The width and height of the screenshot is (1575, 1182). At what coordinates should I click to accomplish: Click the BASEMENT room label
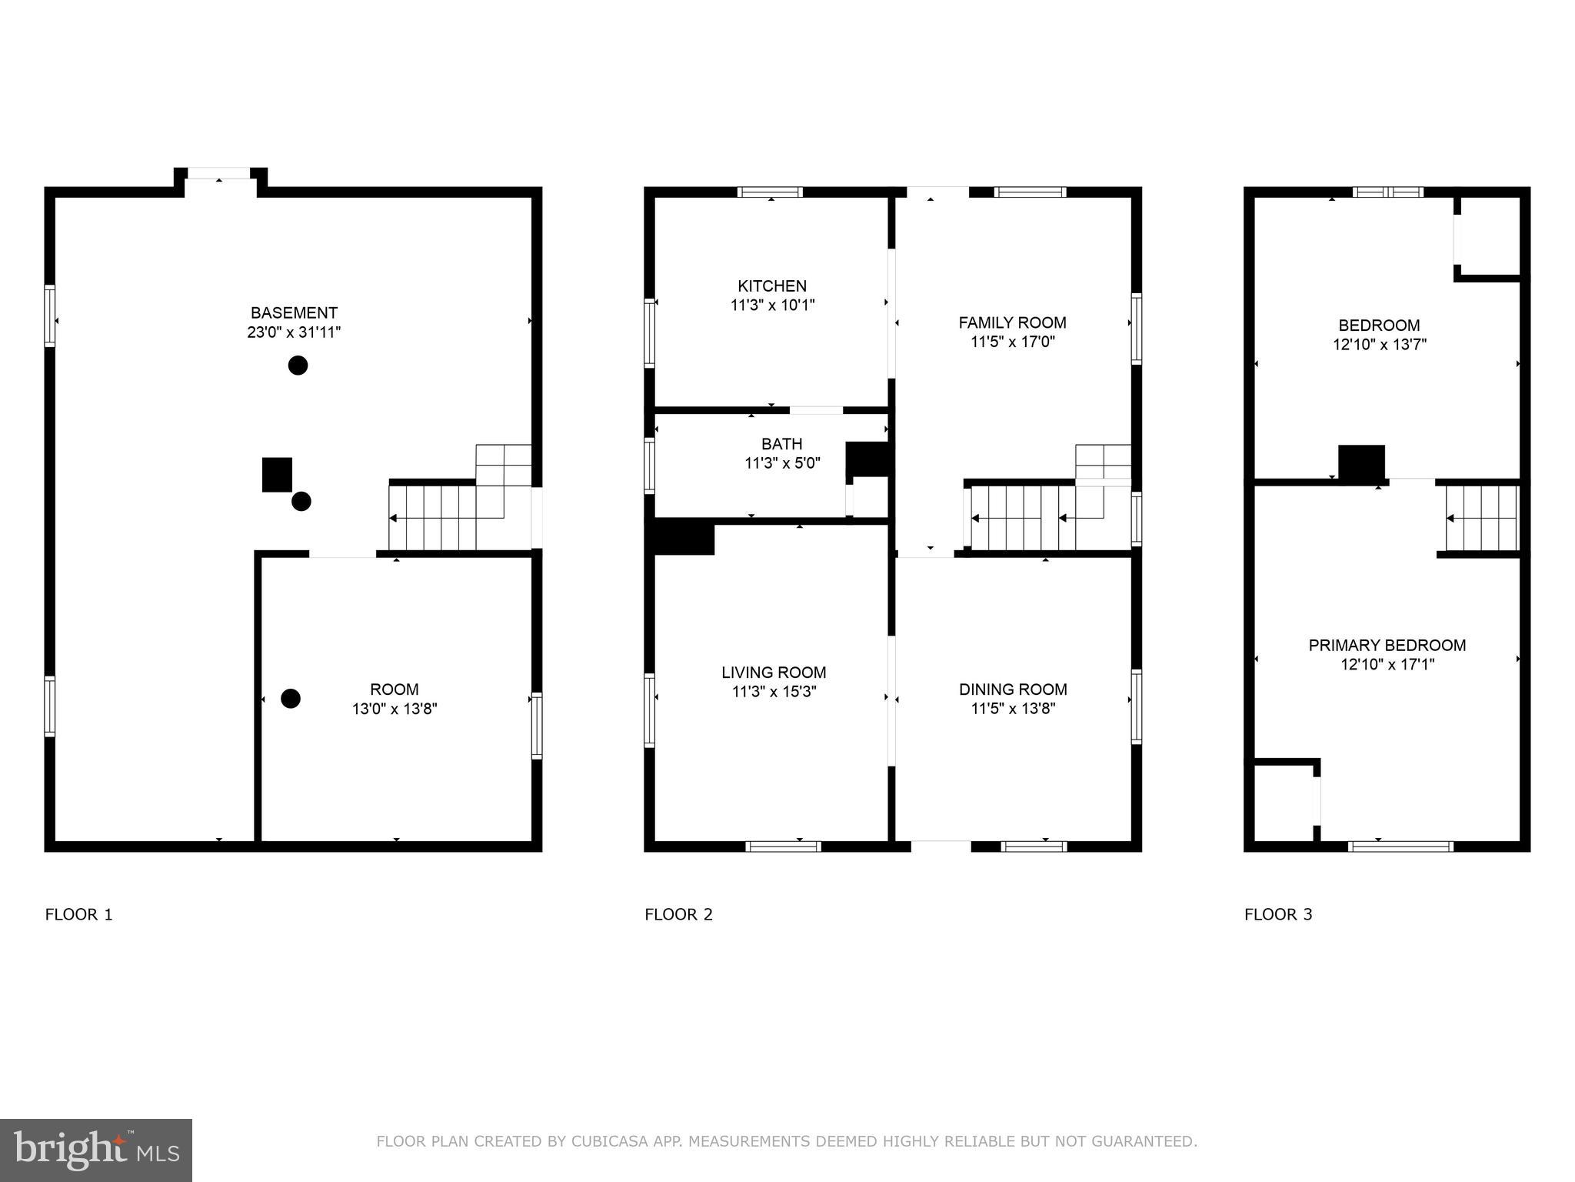294,312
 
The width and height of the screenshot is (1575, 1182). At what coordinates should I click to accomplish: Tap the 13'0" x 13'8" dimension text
395,709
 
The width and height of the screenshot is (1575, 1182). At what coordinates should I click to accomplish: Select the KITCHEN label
772,285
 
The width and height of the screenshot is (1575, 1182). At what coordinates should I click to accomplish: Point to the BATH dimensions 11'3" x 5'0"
782,463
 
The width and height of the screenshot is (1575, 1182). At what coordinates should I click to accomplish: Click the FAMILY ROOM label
1012,322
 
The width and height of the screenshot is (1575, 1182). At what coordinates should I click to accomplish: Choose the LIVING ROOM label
774,672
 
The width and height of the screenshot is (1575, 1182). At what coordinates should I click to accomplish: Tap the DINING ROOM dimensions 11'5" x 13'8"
1013,709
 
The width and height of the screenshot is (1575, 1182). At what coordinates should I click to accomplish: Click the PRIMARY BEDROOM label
1387,645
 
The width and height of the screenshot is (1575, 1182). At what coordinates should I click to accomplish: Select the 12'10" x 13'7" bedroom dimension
1379,345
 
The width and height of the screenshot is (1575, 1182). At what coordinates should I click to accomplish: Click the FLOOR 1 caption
78,914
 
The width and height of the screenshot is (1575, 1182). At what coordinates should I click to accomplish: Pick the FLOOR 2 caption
678,914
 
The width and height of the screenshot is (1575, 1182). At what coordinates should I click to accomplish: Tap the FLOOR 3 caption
1278,914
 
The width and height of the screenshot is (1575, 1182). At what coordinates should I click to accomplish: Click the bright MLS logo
96,1150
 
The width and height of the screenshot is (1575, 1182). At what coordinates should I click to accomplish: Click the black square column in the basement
277,474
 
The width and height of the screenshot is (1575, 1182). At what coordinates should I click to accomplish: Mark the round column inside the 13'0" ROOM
290,698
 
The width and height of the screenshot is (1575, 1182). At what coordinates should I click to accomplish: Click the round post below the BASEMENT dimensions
298,365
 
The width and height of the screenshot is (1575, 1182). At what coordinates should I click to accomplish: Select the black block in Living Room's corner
684,538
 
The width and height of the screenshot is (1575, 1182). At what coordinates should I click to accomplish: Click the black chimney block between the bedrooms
1361,463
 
